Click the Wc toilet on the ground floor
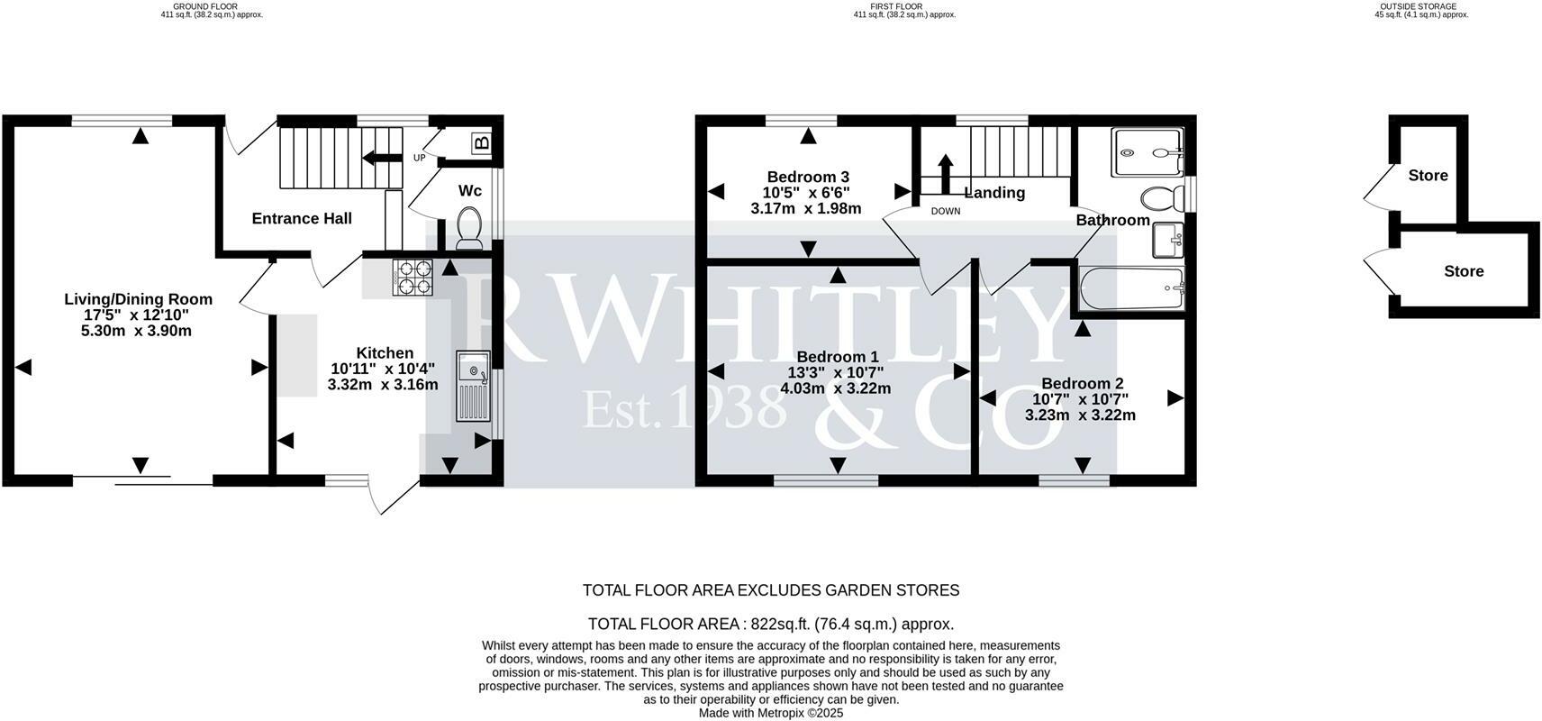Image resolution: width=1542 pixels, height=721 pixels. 470,227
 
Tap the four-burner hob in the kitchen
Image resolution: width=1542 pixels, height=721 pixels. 413,278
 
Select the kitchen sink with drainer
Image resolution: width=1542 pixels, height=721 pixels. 473,386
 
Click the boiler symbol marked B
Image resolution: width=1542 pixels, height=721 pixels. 482,143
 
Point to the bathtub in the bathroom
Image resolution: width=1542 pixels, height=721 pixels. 1131,287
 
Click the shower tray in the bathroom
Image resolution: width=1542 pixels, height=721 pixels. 1147,152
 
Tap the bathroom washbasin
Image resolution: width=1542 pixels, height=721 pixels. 1167,240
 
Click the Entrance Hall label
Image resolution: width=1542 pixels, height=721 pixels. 302,218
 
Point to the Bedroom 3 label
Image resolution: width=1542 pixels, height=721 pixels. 808,177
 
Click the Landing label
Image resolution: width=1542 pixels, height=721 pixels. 994,193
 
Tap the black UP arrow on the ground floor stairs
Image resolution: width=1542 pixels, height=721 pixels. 382,158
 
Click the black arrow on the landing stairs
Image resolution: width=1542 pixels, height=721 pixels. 945,174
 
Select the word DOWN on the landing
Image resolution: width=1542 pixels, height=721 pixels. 945,212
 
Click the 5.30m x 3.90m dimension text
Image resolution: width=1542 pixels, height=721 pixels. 136,331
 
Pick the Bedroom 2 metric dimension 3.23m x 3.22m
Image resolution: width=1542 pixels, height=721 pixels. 1080,415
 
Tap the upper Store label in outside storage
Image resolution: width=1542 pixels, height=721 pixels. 1428,176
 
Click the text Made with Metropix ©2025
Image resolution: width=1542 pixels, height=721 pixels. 771,714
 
